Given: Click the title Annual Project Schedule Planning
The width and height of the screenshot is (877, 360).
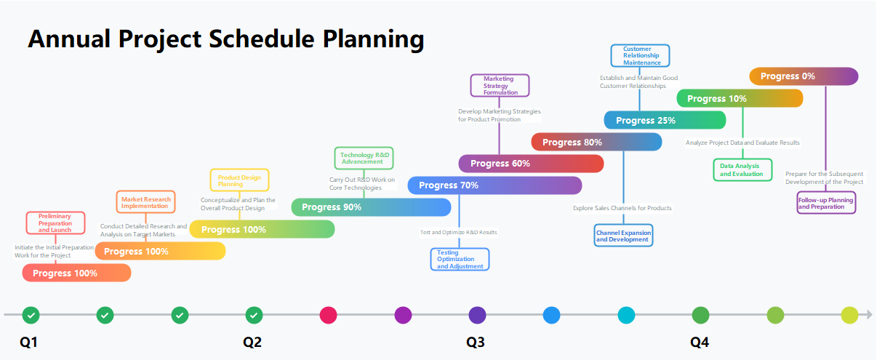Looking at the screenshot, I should click(x=225, y=39).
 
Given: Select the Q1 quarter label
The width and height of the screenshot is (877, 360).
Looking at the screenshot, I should click(x=28, y=343).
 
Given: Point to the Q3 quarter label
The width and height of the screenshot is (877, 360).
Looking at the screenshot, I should click(x=475, y=343).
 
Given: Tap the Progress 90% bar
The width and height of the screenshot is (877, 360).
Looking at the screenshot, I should click(x=371, y=207).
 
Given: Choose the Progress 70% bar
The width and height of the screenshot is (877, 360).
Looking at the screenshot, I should click(x=494, y=185).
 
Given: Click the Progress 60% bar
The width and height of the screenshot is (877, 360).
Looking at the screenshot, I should click(x=531, y=164).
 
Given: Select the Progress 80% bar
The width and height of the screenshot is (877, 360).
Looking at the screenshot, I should click(x=596, y=142).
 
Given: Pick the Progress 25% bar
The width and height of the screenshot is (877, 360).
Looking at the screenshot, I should click(x=665, y=120).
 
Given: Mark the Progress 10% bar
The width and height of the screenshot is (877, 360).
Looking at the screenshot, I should click(x=740, y=98).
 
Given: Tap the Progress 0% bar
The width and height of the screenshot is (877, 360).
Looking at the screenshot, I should click(x=804, y=76).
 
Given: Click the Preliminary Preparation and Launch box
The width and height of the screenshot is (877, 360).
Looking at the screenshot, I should click(x=55, y=223).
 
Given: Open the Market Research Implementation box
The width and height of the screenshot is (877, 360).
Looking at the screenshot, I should click(x=146, y=202).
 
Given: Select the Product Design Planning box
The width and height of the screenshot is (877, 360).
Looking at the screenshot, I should click(x=239, y=180).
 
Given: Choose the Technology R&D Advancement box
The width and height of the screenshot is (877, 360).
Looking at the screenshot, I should click(x=364, y=158).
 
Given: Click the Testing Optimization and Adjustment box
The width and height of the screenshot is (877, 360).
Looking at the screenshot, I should click(x=460, y=260).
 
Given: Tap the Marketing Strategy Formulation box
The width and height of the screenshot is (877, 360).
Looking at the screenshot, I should click(x=500, y=85).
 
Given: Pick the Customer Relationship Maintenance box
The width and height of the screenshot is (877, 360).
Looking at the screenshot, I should click(x=641, y=56).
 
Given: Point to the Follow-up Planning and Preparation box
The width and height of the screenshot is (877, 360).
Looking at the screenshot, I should click(x=826, y=202).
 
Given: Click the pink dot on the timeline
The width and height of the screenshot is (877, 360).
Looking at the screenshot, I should click(x=328, y=315).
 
